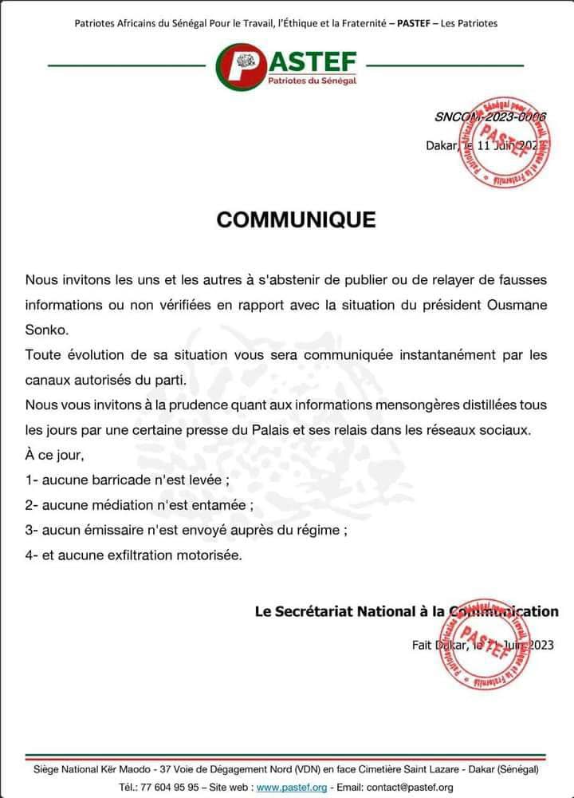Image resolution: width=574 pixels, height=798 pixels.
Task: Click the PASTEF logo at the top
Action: click(287, 65)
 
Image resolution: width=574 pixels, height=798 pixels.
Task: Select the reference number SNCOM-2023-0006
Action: click(489, 117)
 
